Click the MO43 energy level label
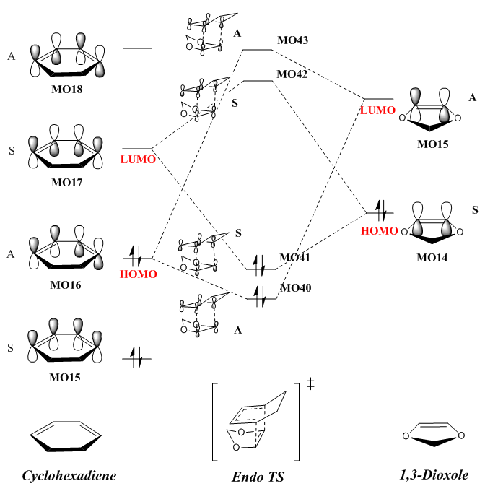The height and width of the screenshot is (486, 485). tap(293, 40)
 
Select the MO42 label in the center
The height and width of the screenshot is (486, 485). tap(293, 74)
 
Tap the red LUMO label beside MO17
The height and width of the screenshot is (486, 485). tap(138, 159)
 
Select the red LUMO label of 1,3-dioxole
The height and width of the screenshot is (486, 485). tap(377, 110)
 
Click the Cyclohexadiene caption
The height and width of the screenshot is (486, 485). tap(69, 474)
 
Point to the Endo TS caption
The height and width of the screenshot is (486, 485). tap(256, 476)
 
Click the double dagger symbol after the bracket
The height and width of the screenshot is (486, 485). tap(310, 383)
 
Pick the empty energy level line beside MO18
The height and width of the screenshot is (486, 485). tap(137, 48)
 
